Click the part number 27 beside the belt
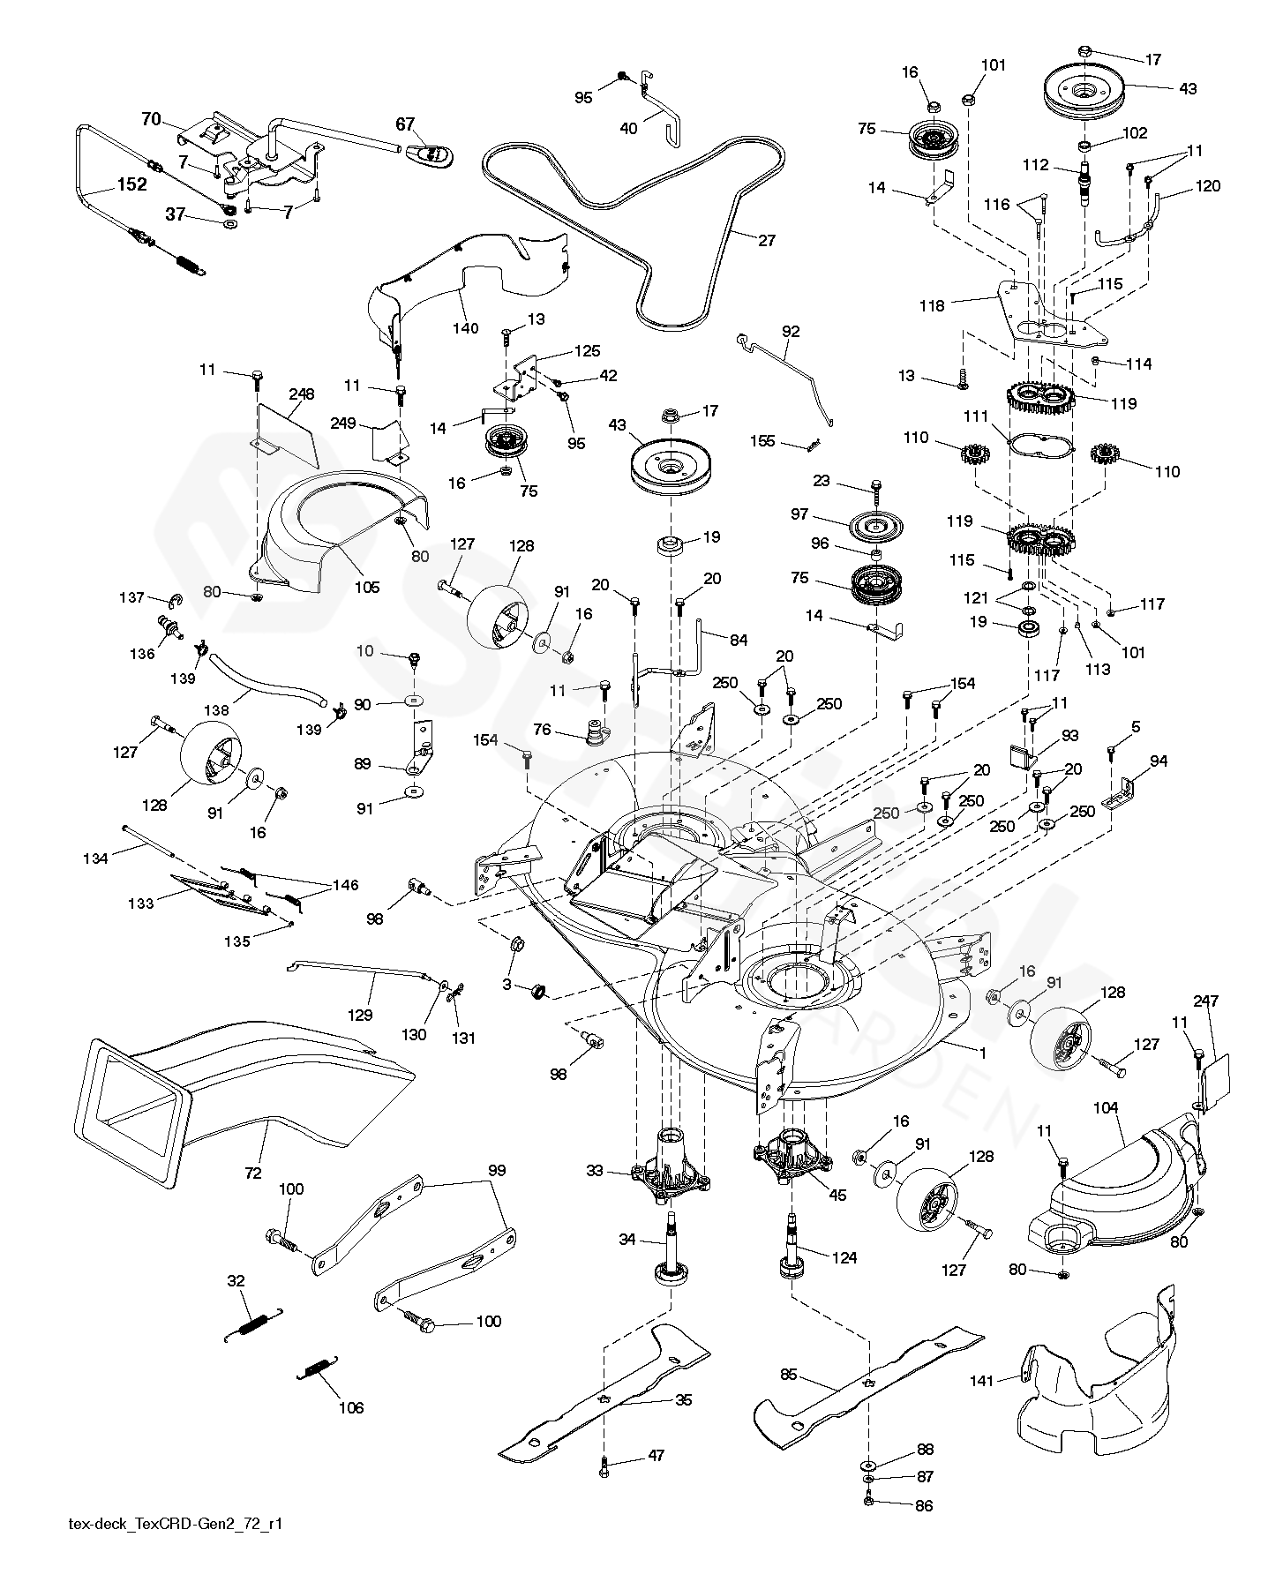click(x=767, y=240)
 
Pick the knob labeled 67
click(x=430, y=155)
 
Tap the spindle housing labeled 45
click(x=790, y=1154)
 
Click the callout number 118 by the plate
click(x=931, y=306)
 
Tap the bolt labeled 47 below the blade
click(x=605, y=1466)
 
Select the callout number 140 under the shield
click(x=465, y=328)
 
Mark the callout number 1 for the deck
click(x=982, y=1053)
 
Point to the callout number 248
click(x=301, y=394)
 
